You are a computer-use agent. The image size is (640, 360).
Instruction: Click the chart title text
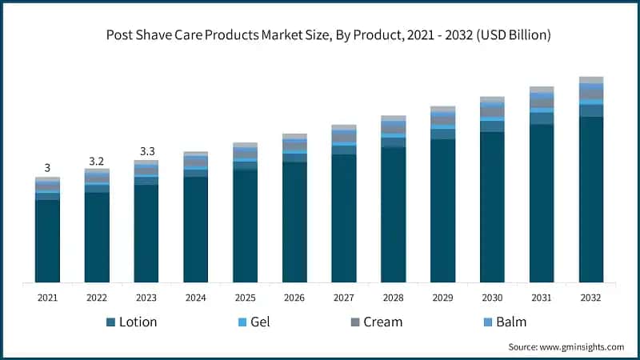coord(320,35)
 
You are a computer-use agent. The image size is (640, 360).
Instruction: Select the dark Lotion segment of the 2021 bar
coord(47,240)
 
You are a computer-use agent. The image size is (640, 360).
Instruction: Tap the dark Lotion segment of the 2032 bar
coord(591,200)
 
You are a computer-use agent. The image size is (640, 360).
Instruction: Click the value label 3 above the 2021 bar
coord(47,168)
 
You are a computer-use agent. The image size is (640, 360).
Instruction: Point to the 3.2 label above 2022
coord(97,161)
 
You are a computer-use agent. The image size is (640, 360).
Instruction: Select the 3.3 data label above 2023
coord(146,151)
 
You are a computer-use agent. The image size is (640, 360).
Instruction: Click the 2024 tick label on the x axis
coord(195,298)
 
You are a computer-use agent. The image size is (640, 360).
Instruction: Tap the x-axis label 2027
coord(344,298)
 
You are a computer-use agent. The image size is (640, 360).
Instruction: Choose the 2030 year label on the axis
coord(492,298)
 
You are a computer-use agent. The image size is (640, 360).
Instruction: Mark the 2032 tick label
coord(591,298)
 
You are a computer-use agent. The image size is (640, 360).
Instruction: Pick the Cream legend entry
coord(374,322)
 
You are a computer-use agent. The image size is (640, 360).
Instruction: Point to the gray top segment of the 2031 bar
coord(542,90)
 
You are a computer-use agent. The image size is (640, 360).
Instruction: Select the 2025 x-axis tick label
coord(245,298)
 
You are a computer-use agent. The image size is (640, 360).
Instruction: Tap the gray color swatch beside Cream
coord(354,322)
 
